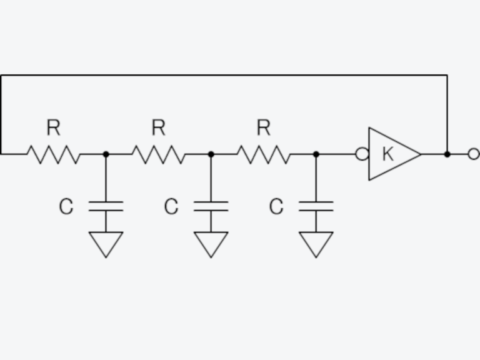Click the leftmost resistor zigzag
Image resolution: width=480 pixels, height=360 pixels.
(53, 154)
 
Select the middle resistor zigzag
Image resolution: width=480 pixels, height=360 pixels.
(158, 154)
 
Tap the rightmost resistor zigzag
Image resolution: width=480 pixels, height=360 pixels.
(263, 154)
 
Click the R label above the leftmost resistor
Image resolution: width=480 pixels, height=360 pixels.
(53, 128)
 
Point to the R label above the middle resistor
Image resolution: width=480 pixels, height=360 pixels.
(158, 128)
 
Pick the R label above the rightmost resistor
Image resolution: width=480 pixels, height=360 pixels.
(263, 128)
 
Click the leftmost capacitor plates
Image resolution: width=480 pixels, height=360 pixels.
(106, 206)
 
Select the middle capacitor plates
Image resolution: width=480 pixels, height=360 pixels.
(211, 206)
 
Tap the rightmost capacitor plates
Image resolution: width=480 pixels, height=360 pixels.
(316, 206)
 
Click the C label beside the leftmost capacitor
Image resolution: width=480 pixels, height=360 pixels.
(66, 207)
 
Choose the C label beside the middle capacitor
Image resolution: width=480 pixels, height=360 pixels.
(171, 207)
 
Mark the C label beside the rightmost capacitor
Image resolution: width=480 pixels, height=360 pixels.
(276, 207)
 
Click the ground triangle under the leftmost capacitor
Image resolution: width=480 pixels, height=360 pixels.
(106, 242)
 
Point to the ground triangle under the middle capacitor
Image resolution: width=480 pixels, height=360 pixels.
(211, 242)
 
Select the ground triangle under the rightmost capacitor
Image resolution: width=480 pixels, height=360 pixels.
(316, 242)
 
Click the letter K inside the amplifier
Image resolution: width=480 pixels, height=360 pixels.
(387, 154)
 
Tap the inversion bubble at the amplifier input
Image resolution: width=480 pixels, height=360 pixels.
(362, 154)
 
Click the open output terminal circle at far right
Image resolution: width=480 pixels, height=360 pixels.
(474, 154)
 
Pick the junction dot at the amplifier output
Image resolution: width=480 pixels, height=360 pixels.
(447, 154)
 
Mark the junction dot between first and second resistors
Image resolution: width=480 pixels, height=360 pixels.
(106, 154)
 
